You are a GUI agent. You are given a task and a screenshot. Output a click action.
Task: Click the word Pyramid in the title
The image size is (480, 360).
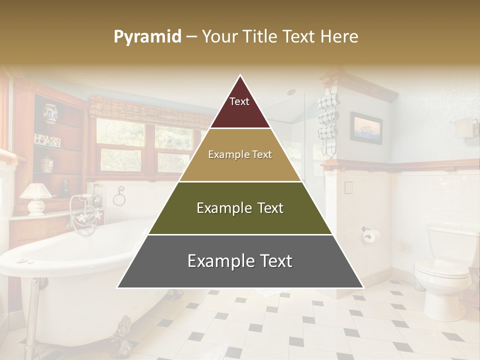click(x=147, y=37)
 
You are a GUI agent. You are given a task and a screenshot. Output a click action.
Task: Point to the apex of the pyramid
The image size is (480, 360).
click(x=240, y=76)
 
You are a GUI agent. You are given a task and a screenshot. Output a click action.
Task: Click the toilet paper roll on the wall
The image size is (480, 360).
click(x=369, y=235)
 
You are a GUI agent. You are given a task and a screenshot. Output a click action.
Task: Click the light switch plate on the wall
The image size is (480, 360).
click(x=348, y=188)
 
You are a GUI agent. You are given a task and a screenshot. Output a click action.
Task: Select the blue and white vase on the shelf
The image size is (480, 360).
click(x=49, y=114)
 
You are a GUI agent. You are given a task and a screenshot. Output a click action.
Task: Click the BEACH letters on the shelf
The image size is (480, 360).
click(x=47, y=140)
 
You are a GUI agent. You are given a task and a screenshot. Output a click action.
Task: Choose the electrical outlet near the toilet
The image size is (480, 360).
click(x=405, y=247)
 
